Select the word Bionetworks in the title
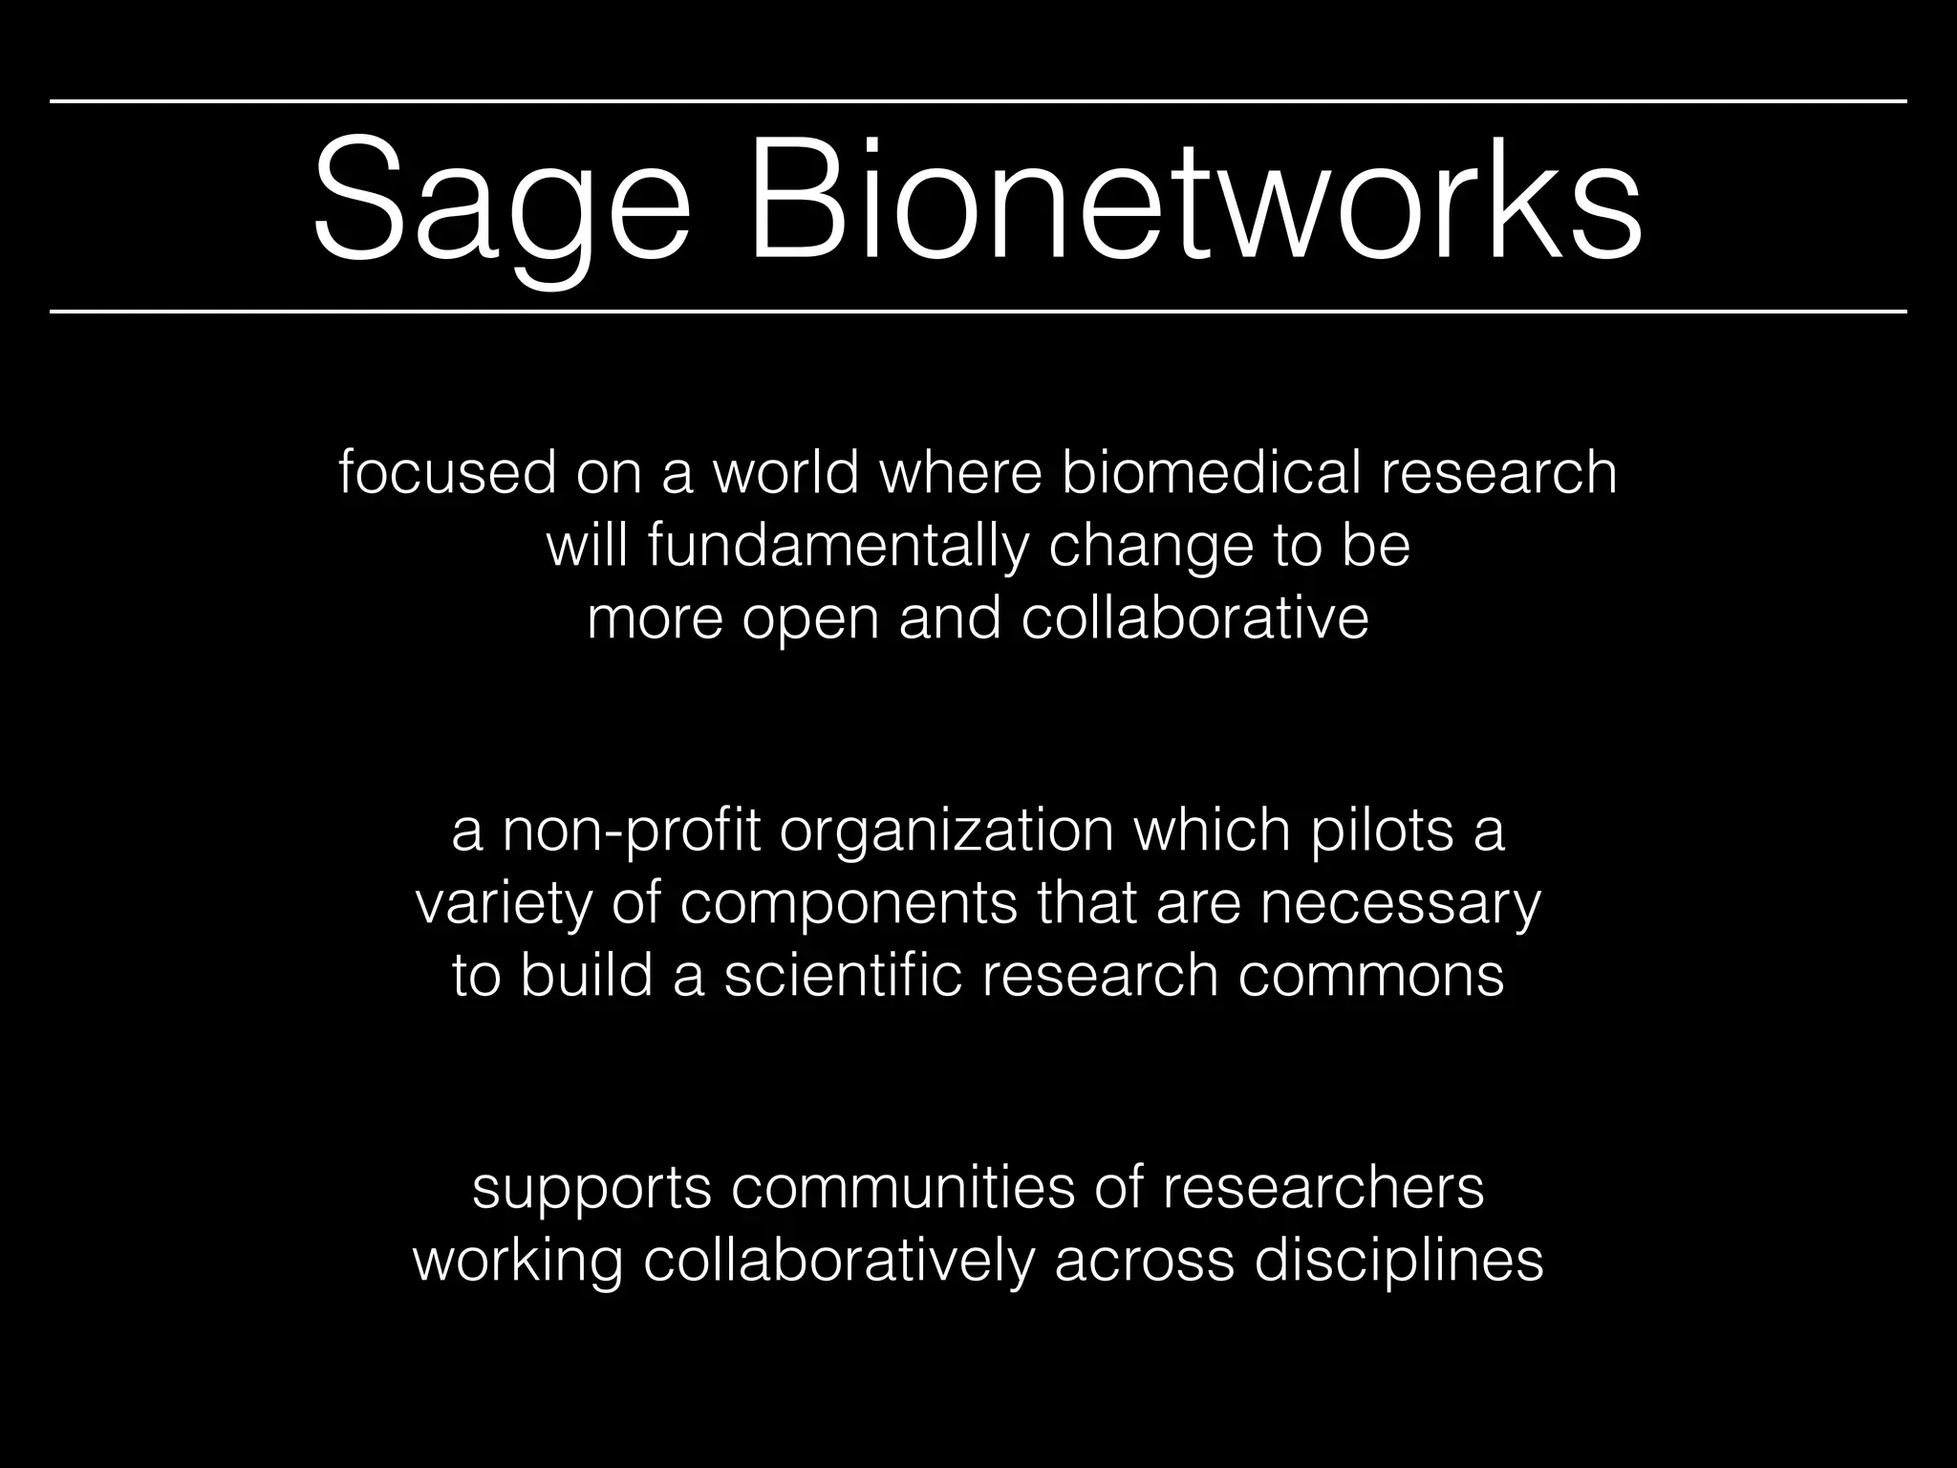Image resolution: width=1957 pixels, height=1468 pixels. click(x=1194, y=205)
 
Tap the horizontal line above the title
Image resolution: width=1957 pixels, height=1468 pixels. click(x=978, y=100)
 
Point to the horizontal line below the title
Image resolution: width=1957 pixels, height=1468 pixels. click(x=978, y=312)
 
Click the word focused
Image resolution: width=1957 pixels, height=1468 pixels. click(x=447, y=472)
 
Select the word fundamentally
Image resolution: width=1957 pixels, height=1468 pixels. click(x=838, y=546)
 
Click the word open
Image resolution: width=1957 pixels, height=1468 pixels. click(x=810, y=619)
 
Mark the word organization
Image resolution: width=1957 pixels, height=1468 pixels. click(x=946, y=831)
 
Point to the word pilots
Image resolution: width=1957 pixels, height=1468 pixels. click(x=1382, y=831)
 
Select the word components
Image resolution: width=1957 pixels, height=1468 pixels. click(x=849, y=904)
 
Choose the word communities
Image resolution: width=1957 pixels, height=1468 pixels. click(x=904, y=1188)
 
